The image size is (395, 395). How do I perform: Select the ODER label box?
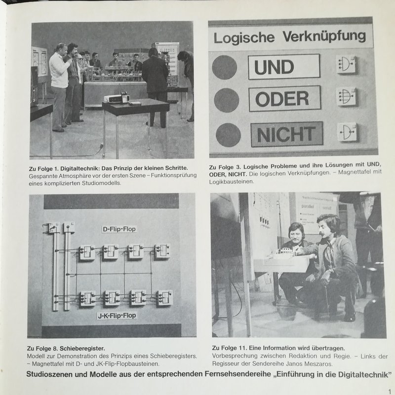(x=285, y=98)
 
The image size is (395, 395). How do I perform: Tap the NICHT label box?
(x=287, y=134)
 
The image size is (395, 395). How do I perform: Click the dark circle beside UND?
(x=225, y=67)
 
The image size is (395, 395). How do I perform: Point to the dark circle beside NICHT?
(x=228, y=135)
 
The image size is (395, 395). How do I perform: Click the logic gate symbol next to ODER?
(x=347, y=96)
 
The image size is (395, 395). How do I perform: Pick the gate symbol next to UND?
(x=346, y=64)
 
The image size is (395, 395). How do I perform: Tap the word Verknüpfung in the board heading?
(x=324, y=36)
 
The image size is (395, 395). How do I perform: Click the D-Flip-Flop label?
(x=119, y=229)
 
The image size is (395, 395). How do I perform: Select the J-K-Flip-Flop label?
(x=117, y=316)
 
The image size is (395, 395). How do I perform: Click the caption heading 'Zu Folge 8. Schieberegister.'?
(x=66, y=349)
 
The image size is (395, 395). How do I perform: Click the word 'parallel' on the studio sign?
(x=307, y=206)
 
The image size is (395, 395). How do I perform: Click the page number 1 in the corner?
(x=390, y=392)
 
